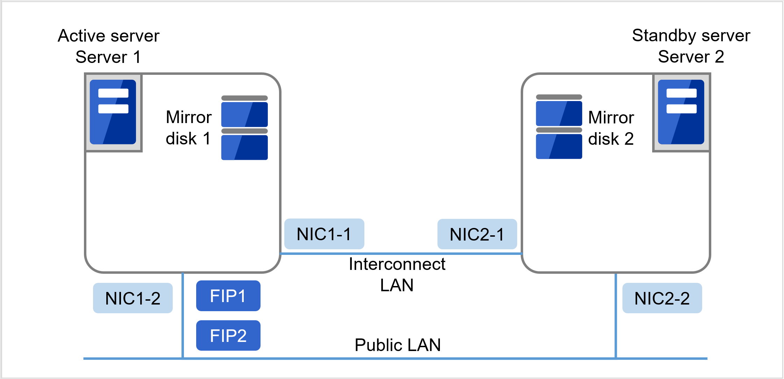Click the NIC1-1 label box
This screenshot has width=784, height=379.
(x=324, y=234)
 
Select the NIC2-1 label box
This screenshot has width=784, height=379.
(x=477, y=234)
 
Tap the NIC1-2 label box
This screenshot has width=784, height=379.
(x=133, y=298)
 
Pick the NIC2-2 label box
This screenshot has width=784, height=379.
(x=662, y=298)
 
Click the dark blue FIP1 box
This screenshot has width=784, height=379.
(x=228, y=296)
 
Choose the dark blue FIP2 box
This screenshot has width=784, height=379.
(x=228, y=336)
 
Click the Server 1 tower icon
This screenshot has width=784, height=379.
(x=113, y=112)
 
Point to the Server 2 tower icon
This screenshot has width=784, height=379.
(x=681, y=112)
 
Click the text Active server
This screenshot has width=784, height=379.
(x=108, y=36)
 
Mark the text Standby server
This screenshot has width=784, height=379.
(x=691, y=35)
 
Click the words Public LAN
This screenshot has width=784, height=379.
(x=398, y=345)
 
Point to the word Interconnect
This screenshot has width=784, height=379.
(x=397, y=264)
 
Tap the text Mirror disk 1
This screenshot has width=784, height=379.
(x=188, y=128)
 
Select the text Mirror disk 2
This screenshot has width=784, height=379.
(x=611, y=128)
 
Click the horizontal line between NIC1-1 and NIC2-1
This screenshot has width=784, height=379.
(x=401, y=253)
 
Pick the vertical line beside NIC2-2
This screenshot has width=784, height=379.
(x=615, y=315)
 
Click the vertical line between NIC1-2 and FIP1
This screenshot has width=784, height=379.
(x=183, y=315)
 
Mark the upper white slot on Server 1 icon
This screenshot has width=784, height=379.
(x=113, y=93)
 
